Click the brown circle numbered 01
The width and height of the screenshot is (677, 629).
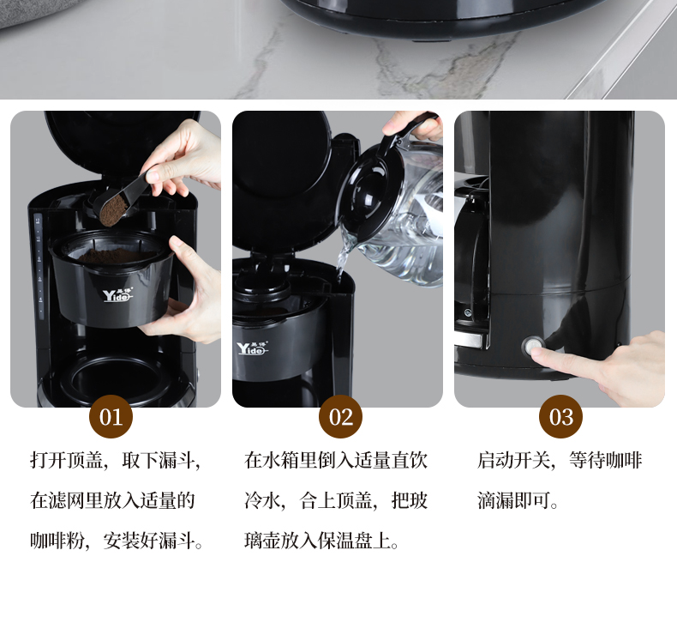coord(111,417)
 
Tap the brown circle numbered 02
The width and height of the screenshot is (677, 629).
coord(341,417)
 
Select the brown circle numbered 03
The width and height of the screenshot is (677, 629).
coord(560,417)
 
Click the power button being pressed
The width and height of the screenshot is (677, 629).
coord(531,346)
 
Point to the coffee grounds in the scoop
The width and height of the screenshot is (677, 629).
coord(114,210)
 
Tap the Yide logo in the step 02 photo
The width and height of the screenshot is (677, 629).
coord(252,348)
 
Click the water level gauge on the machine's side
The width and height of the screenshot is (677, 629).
coord(39,267)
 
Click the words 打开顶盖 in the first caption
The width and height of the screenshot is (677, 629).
coord(67,460)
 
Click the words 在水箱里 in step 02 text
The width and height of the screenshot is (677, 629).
coord(280,460)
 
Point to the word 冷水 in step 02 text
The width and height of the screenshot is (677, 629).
coord(262,500)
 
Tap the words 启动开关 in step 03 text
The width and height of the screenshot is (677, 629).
coord(514,460)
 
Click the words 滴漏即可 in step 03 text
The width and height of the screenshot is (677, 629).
coord(514,500)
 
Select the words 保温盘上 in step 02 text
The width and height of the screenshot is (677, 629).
coord(354,541)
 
